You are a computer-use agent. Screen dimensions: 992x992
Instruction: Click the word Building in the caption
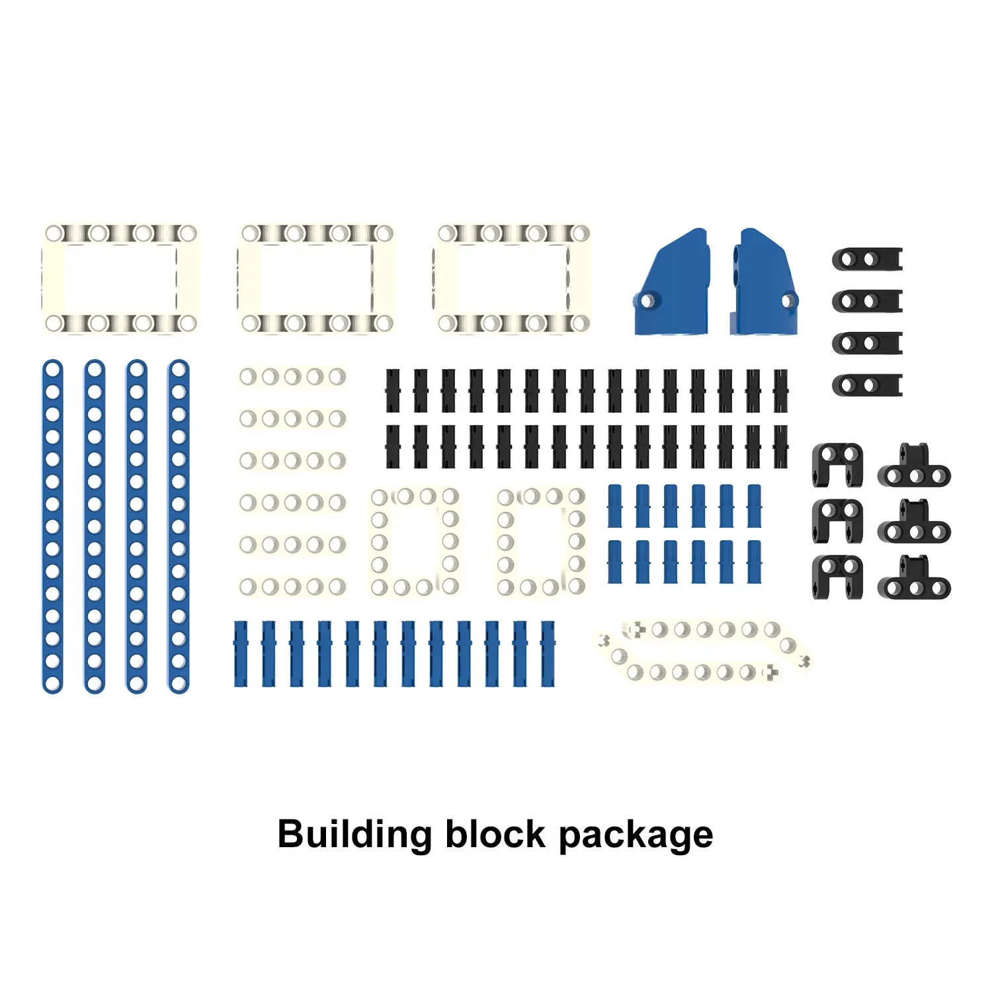(354, 835)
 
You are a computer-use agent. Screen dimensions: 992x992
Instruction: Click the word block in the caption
(495, 834)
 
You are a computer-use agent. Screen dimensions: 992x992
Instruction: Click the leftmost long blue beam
(52, 526)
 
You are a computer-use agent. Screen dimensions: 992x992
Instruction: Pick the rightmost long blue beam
(179, 526)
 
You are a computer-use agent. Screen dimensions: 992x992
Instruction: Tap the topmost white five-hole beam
(292, 377)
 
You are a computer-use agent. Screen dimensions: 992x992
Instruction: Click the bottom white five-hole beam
(292, 587)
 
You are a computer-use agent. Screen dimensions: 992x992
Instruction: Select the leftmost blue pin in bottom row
(241, 653)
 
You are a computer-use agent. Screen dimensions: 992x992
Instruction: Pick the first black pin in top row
(393, 391)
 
